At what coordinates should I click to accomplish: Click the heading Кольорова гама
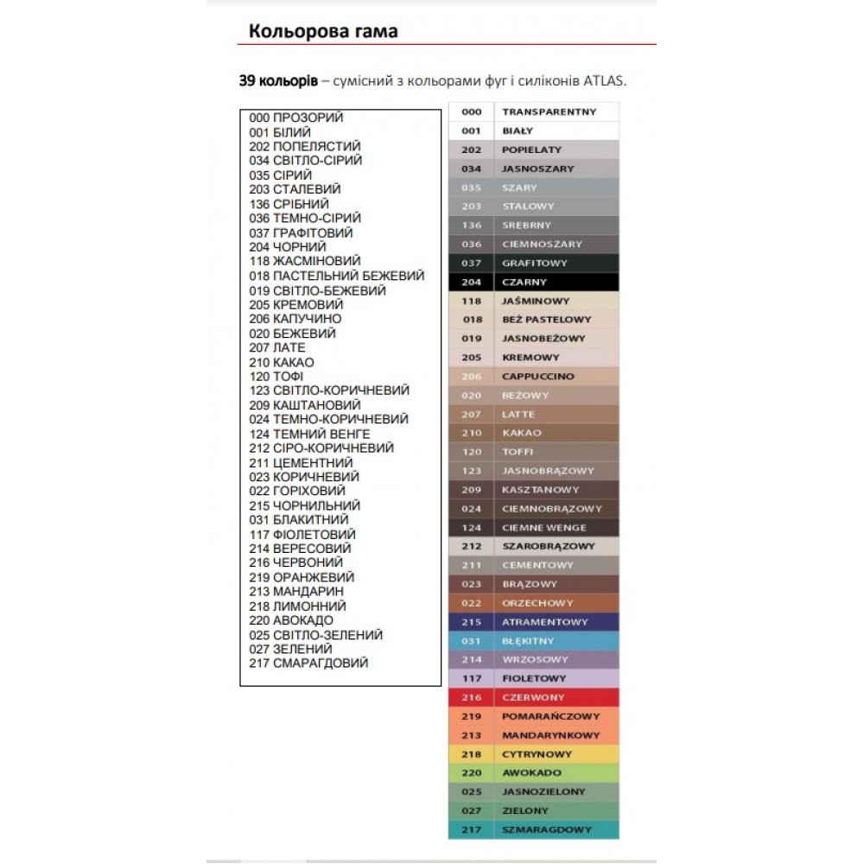[323, 32]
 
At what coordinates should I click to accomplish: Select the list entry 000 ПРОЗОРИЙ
[295, 118]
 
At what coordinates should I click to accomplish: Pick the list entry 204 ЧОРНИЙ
[288, 247]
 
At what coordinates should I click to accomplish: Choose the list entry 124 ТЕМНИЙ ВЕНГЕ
[309, 434]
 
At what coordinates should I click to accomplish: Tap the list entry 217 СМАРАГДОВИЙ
[308, 663]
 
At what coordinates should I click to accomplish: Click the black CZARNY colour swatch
[534, 283]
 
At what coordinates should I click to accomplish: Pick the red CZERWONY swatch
[534, 697]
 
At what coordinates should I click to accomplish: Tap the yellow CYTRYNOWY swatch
[534, 754]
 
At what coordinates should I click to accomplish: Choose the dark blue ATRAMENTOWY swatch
[534, 622]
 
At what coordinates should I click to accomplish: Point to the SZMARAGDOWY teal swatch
[534, 829]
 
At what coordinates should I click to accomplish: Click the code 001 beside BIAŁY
[471, 131]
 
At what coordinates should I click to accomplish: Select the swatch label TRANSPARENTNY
[550, 112]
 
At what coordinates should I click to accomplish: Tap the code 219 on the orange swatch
[471, 716]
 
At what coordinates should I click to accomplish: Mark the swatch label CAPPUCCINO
[537, 377]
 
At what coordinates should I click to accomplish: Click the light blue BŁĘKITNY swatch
[534, 641]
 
